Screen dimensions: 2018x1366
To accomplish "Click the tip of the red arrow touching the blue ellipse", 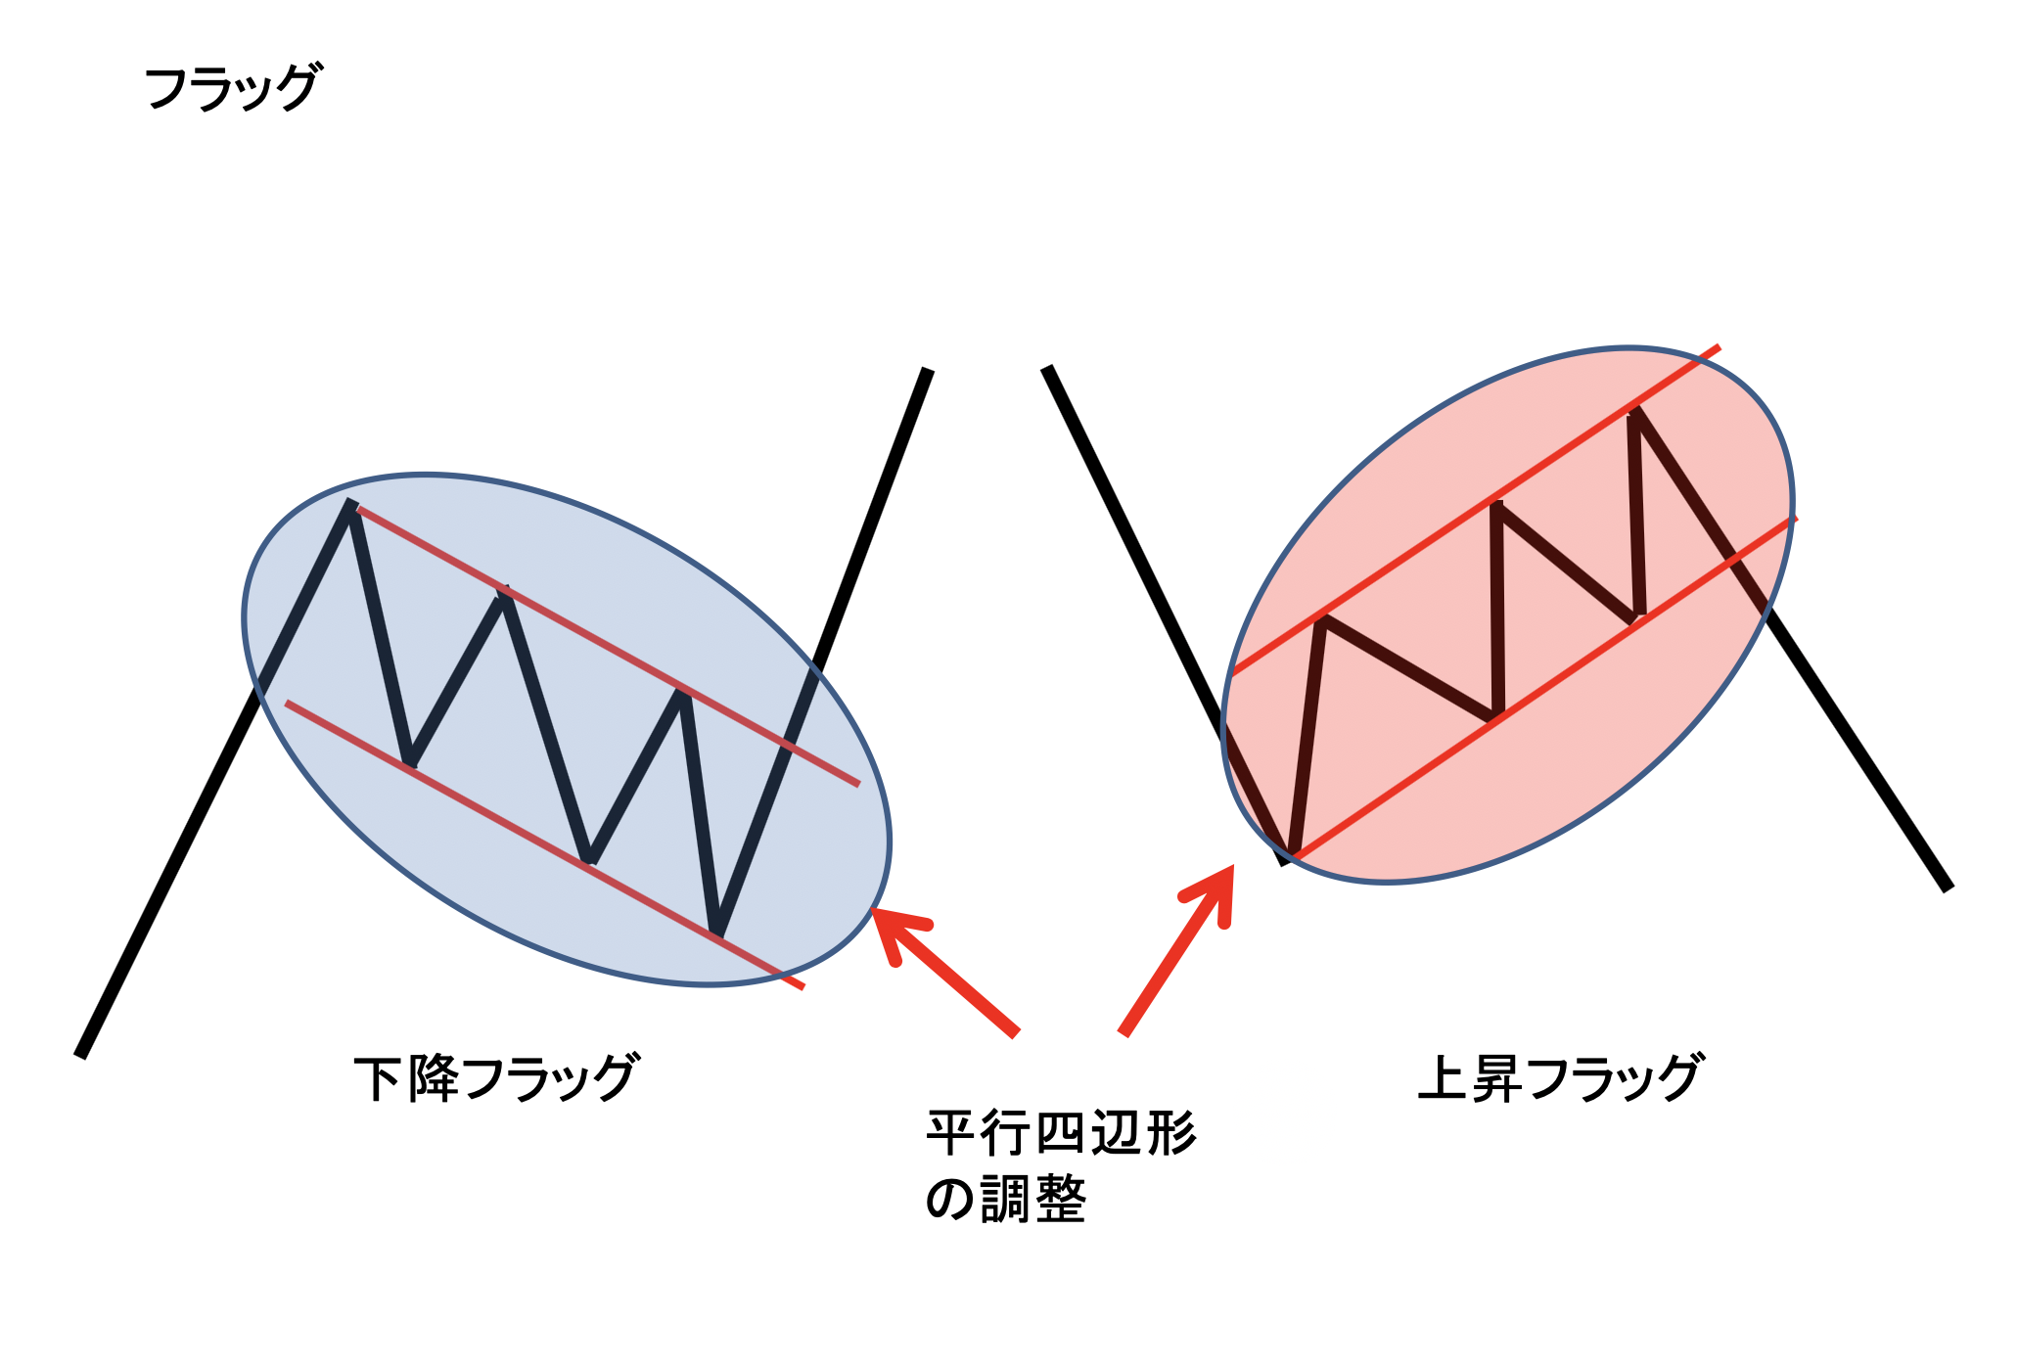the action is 874,911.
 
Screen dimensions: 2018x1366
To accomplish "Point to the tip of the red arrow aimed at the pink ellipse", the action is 1232,867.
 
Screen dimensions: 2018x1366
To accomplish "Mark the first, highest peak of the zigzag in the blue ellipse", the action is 349,503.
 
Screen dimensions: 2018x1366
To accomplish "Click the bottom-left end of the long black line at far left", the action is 80,1056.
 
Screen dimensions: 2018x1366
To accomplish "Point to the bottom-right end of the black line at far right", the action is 1948,888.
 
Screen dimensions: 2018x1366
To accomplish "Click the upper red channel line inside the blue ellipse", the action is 608,647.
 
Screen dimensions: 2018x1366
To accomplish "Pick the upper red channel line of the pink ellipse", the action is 1475,510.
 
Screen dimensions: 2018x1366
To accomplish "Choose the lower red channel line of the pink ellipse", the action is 1544,688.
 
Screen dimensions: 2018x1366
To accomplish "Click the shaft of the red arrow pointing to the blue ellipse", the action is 946,972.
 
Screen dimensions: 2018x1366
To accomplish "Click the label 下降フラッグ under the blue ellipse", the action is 496,1078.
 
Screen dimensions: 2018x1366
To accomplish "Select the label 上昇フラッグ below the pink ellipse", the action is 1561,1078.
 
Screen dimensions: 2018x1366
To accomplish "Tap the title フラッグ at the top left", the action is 232,87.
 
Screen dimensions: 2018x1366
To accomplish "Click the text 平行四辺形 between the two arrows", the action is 1062,1134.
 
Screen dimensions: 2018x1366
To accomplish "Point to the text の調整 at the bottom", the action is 1006,1199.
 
